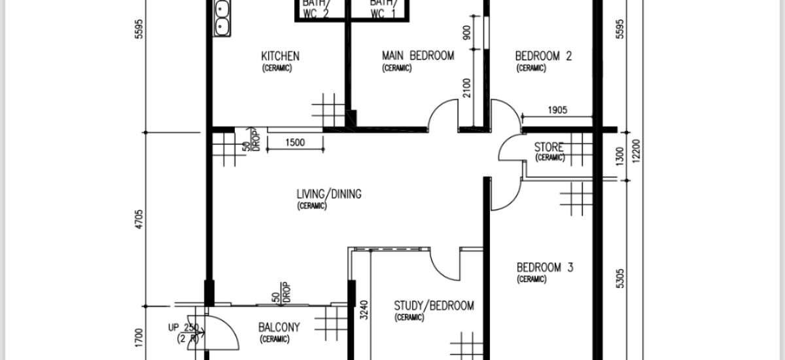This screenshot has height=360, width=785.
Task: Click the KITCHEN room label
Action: coord(281,56)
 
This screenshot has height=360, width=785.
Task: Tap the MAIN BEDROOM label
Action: coord(418,56)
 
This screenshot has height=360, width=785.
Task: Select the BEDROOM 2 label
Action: coord(544,56)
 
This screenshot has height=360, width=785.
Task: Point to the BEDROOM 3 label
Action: coord(545,268)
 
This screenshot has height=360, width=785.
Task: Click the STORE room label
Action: coord(549,147)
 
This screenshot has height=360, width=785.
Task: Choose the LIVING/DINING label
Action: coord(329,194)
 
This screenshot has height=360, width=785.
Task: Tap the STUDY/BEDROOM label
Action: coord(434,306)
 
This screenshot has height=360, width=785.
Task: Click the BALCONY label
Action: coord(279,327)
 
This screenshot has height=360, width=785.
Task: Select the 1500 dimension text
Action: coord(295,143)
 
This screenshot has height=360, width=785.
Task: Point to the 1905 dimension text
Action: coord(557,111)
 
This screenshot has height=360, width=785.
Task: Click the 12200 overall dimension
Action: coord(637,151)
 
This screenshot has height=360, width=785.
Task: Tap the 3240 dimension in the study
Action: coord(364,310)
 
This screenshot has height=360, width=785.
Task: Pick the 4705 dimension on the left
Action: coord(139,219)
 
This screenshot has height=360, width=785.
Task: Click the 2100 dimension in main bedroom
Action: coord(467,88)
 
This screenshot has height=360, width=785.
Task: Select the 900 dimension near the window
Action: coord(467,33)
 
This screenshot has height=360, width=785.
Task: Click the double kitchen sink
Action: coord(222,18)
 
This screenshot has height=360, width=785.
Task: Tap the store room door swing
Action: coord(510,147)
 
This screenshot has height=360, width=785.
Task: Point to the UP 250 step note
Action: coord(184,328)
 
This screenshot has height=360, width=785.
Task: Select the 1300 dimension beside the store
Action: coord(620,156)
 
